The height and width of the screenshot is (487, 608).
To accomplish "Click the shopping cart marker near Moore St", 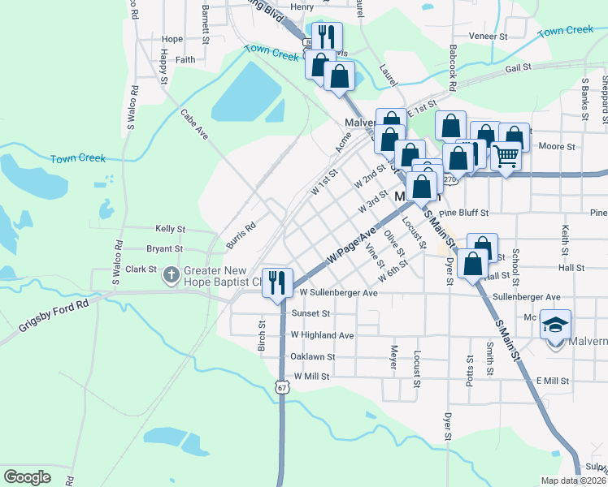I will point(506,154).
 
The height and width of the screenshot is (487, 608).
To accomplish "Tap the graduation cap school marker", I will point(556,325).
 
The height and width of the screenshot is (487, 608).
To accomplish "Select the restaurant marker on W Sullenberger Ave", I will point(277,282).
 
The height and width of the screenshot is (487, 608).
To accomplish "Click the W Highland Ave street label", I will point(323,334).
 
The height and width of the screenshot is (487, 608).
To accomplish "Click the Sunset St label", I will point(312,313).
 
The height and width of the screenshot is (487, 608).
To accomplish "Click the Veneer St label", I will point(488,37).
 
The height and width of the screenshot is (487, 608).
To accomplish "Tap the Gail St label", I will point(517,68).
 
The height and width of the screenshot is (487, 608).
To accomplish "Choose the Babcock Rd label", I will point(452,67).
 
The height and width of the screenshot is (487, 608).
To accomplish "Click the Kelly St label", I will point(171,230).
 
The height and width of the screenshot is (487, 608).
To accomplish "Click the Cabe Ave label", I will point(194,124).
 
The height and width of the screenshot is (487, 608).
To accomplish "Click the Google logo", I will point(27,477).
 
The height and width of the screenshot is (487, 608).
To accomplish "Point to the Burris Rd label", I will point(241,235).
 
